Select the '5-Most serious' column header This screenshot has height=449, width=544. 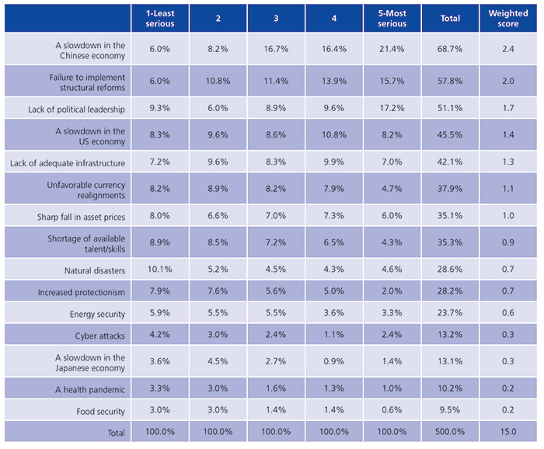tap(392, 18)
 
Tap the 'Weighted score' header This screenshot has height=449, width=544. tap(507, 18)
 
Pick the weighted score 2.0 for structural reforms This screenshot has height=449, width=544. tap(507, 80)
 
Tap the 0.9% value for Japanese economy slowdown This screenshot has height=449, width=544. tap(334, 362)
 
